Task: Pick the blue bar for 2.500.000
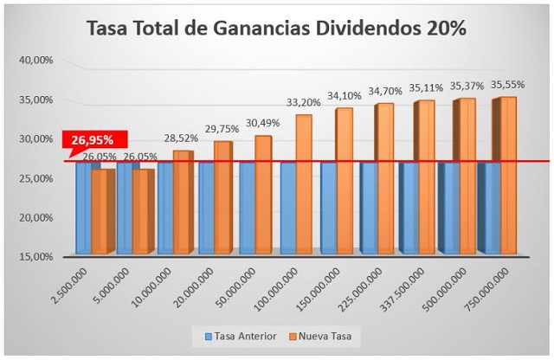tap(82, 208)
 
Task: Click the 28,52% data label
tap(180, 138)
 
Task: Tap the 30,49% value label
tap(262, 123)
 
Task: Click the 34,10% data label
tap(345, 95)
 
